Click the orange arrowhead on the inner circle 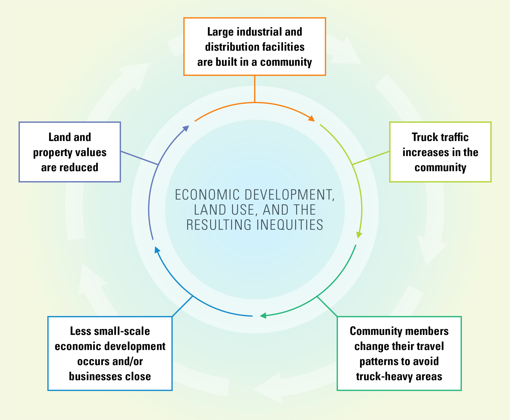point(312,119)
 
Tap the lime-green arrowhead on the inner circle point(359,234)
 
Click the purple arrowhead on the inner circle point(186,128)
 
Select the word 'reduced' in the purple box point(82,167)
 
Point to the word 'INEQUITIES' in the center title point(290,225)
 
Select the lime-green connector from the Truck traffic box point(371,158)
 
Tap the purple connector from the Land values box point(139,158)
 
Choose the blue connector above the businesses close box point(182,306)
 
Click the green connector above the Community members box point(327,306)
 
